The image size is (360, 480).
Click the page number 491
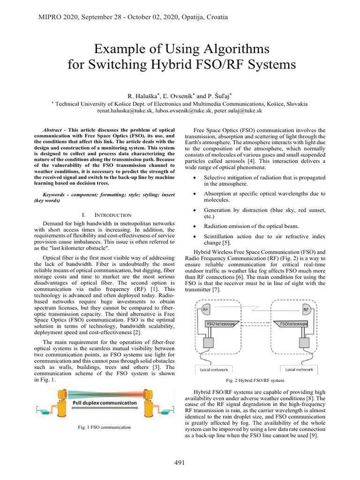pos(180,463)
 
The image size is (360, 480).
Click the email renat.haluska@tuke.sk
pos(124,111)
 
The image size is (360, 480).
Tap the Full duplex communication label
pos(105,403)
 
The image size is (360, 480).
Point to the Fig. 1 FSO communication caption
pos(104,427)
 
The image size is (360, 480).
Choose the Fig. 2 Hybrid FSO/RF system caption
pos(255,380)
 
